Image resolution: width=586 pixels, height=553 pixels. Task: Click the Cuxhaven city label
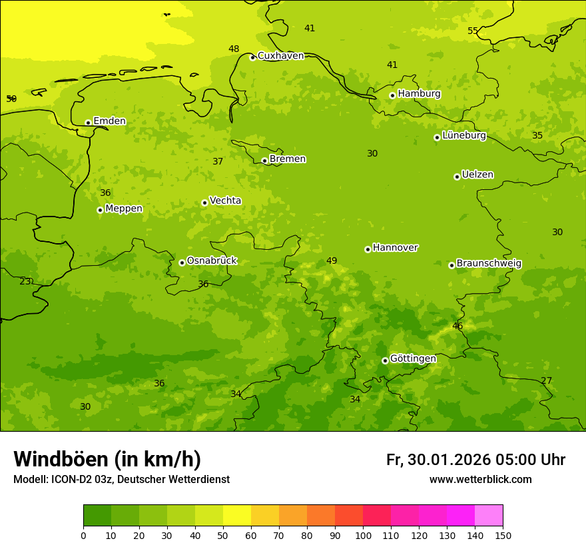pos(280,56)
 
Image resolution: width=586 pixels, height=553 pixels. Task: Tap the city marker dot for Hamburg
pos(392,95)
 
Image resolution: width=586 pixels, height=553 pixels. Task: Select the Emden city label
pos(109,121)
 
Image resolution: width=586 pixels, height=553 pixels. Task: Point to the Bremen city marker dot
pos(264,161)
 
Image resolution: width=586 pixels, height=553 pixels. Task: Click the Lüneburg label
pos(464,136)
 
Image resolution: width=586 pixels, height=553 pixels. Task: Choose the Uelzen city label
pos(477,175)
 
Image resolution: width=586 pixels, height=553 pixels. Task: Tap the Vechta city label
pos(225,201)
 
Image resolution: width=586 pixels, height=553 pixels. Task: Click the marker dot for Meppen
pos(100,210)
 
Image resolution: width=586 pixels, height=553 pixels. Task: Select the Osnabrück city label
pos(212,261)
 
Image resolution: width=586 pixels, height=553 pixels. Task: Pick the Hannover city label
pos(395,248)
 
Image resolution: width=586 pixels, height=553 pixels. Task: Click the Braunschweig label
pos(489,264)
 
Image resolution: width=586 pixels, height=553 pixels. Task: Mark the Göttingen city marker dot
pos(385,360)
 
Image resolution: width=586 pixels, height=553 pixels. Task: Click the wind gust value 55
pos(473,31)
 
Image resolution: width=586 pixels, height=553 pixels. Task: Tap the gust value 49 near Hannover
pos(332,261)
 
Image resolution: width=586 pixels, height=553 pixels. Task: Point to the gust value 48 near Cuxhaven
pos(234,49)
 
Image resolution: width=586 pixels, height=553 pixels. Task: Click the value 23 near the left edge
pos(25,282)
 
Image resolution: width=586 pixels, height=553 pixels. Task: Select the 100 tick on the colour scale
pos(363,535)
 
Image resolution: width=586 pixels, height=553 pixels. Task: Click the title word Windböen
pos(61,459)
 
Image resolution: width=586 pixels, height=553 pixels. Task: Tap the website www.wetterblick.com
pos(480,480)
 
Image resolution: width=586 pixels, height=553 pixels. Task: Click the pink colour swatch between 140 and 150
pos(489,515)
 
